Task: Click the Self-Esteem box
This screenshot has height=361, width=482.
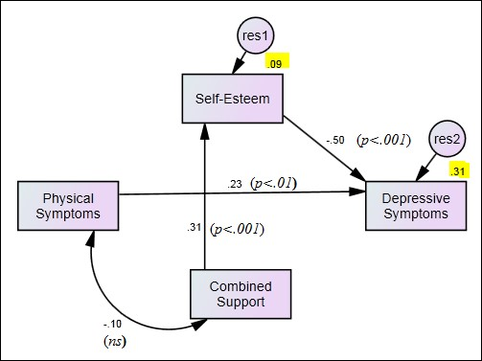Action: [x=233, y=98]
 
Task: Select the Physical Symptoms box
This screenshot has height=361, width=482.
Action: [x=71, y=204]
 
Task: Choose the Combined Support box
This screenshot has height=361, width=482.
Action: [x=241, y=295]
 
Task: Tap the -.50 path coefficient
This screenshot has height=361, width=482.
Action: [x=334, y=140]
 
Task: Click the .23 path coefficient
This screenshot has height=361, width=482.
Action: [x=235, y=184]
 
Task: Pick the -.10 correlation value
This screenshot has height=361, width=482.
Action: [x=114, y=324]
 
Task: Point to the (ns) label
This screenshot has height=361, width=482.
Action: [x=115, y=340]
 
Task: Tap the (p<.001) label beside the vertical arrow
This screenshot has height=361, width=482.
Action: [x=237, y=229]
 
